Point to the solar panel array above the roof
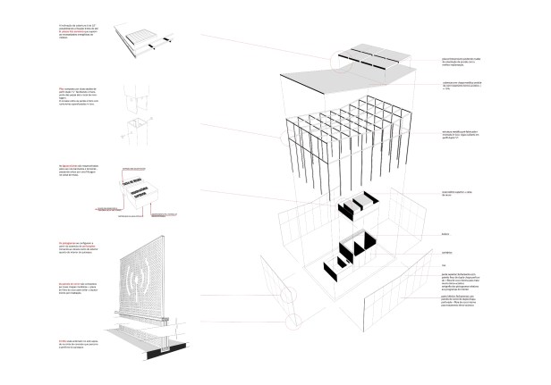tap(372, 59)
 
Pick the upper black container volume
tap(359, 206)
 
